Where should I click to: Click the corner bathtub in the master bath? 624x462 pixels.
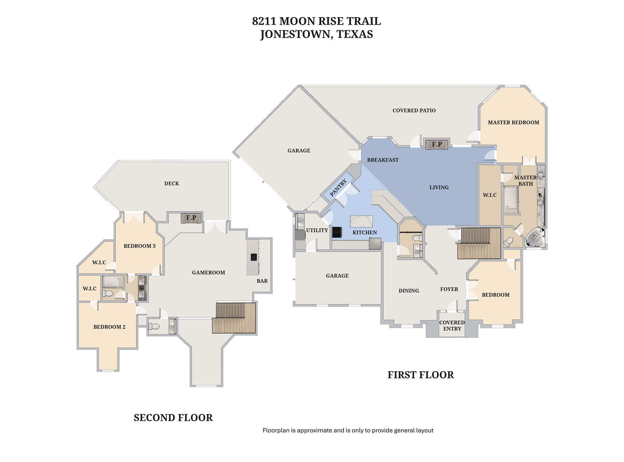point(535,238)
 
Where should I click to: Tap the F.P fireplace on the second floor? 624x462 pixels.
point(191,218)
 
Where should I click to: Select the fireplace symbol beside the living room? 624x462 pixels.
point(437,145)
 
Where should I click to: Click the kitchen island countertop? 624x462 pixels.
point(361,221)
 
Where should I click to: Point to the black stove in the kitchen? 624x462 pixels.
point(338,233)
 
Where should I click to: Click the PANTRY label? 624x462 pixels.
point(338,188)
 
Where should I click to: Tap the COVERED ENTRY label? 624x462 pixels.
point(452,326)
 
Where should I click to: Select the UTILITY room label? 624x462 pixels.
point(317,230)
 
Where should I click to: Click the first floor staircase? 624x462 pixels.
point(479,243)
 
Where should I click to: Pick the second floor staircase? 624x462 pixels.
point(234,318)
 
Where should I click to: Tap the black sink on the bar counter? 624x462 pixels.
point(254,257)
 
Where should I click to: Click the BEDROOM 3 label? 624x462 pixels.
point(139,246)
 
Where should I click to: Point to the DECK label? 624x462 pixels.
point(172,183)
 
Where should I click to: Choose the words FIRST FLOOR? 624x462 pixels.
point(421,375)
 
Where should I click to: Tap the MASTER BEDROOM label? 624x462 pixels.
point(513,123)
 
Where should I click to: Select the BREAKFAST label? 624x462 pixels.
point(383,160)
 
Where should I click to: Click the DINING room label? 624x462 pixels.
point(409,291)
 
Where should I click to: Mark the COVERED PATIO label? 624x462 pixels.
point(414,111)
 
